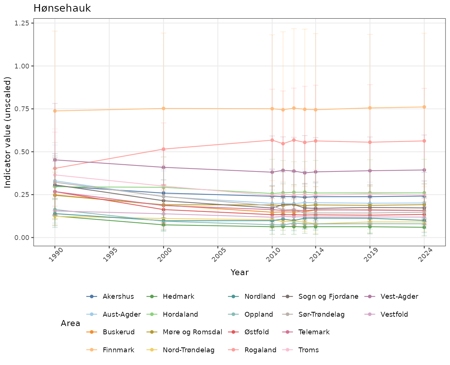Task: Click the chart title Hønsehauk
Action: pyautogui.click(x=62, y=9)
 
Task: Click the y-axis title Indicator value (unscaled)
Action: pyautogui.click(x=8, y=132)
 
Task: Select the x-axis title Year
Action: pyautogui.click(x=239, y=272)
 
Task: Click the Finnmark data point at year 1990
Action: pyautogui.click(x=55, y=111)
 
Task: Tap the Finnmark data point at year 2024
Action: pyautogui.click(x=424, y=107)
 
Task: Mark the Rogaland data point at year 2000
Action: pyautogui.click(x=163, y=149)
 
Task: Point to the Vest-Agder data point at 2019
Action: pyautogui.click(x=370, y=171)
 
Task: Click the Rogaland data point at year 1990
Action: pyautogui.click(x=55, y=168)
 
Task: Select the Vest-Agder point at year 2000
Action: pyautogui.click(x=163, y=167)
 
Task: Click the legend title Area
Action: pyautogui.click(x=70, y=323)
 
